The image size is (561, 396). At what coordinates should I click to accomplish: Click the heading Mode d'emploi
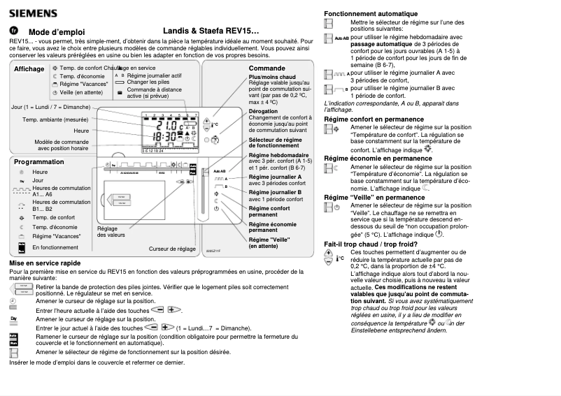(x=57, y=32)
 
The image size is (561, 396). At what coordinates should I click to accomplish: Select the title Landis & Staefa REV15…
(x=211, y=31)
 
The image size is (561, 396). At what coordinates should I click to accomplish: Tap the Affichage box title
(x=29, y=69)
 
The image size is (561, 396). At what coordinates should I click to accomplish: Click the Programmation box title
(x=39, y=161)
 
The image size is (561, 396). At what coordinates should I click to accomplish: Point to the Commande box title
(x=267, y=68)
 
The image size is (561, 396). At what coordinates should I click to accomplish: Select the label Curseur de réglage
(x=172, y=249)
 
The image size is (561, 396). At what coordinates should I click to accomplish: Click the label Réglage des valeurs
(x=107, y=232)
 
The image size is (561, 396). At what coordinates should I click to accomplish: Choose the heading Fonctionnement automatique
(x=371, y=14)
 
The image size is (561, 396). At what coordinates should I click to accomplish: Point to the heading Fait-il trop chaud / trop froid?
(x=371, y=244)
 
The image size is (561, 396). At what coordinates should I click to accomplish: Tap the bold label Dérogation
(x=263, y=111)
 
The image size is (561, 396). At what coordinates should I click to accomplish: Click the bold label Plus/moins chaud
(x=272, y=76)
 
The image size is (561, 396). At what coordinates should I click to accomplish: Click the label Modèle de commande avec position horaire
(x=62, y=145)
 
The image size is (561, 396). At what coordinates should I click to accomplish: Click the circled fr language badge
(x=13, y=31)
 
